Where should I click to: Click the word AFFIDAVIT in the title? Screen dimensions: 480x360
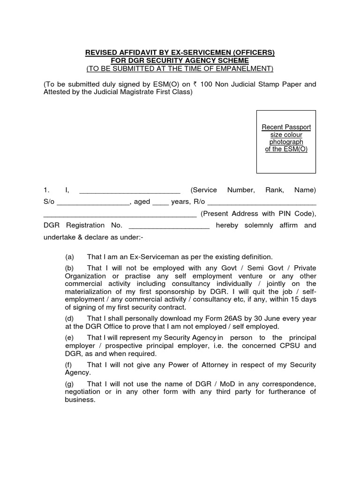[133, 53]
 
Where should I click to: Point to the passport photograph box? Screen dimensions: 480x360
[286, 142]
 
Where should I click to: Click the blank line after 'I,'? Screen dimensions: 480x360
[130, 190]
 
